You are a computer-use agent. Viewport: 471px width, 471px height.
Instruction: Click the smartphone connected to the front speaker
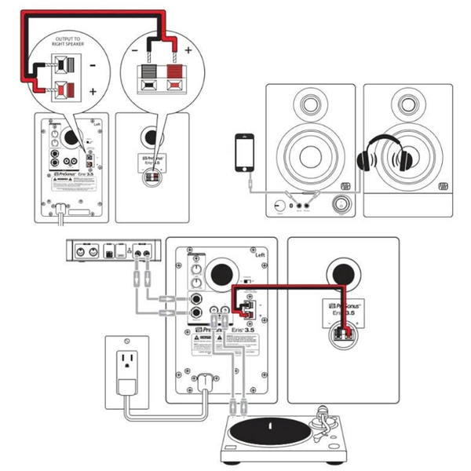click(246, 153)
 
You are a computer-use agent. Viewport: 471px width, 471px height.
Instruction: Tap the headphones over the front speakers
click(385, 153)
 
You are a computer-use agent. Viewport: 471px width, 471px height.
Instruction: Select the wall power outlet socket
click(126, 362)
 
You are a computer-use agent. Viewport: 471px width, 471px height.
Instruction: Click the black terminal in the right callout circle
click(148, 78)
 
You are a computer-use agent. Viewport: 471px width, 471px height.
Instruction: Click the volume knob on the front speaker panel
click(342, 206)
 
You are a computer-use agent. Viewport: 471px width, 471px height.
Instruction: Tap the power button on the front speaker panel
click(279, 206)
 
